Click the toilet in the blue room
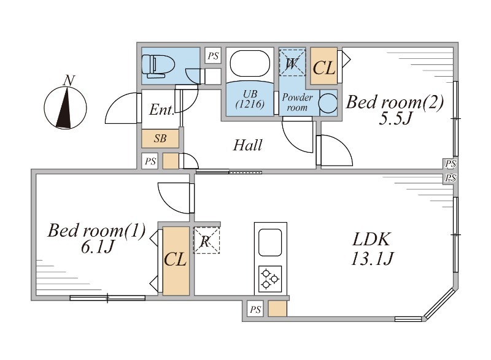pos(158,64)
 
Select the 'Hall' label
pos(248,146)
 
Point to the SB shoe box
pos(160,139)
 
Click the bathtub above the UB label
pos(249,64)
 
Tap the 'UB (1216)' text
pos(250,99)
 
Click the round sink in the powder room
pos(328,102)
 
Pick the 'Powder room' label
pos(297,102)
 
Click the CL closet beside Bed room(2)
pos(324,67)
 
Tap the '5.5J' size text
pos(393,118)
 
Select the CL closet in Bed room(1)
pos(176,260)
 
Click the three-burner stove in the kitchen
pos(270,278)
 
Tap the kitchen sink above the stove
pos(269,243)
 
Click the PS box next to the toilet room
pos(213,56)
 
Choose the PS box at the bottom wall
pos(255,310)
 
